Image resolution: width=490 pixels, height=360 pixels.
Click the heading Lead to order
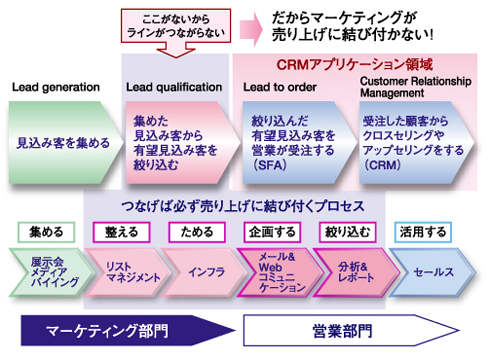tap(279, 87)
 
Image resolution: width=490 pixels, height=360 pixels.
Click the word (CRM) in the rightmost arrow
tap(385, 163)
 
